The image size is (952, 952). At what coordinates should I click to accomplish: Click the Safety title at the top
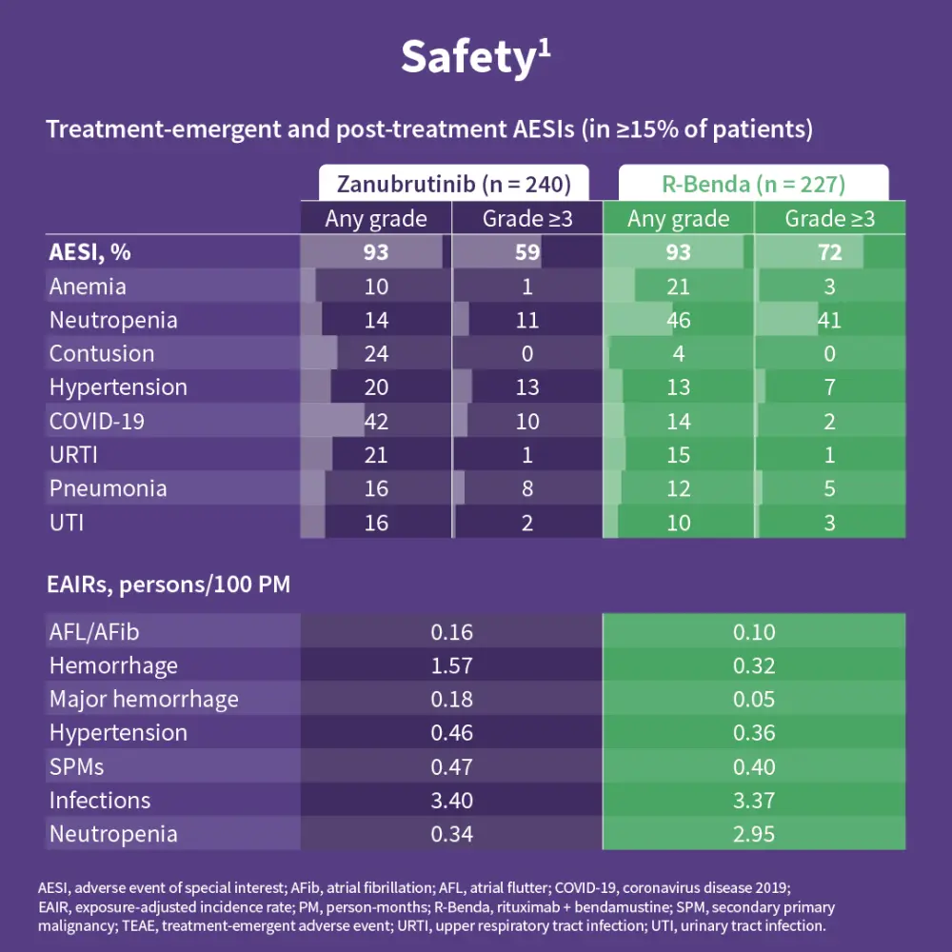click(x=475, y=56)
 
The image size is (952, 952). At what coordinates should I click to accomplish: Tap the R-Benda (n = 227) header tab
click(x=753, y=183)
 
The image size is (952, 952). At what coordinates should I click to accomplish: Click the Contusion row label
click(x=102, y=353)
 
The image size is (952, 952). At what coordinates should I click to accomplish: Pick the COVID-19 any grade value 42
click(x=376, y=421)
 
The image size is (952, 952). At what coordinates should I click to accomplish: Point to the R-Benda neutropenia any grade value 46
click(x=678, y=320)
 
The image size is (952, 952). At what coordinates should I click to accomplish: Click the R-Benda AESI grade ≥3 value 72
click(x=829, y=252)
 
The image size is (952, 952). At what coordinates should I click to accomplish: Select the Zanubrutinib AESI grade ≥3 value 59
click(x=526, y=252)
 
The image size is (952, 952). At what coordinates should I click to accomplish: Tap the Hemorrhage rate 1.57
click(x=451, y=665)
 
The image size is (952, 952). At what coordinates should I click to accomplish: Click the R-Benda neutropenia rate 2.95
click(x=754, y=834)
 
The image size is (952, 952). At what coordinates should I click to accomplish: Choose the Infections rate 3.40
click(x=451, y=801)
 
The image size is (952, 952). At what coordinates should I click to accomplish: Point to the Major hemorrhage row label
click(x=144, y=699)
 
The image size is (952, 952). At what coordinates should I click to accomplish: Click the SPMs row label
click(x=77, y=766)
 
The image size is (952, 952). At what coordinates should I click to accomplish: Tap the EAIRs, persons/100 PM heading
click(x=169, y=585)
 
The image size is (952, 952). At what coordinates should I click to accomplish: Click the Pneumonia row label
click(x=108, y=488)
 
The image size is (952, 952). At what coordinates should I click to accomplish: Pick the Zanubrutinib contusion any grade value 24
click(x=376, y=353)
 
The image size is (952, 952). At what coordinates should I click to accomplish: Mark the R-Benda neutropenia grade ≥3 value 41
click(x=829, y=320)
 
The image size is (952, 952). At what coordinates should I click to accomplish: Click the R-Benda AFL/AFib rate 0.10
click(x=754, y=631)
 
